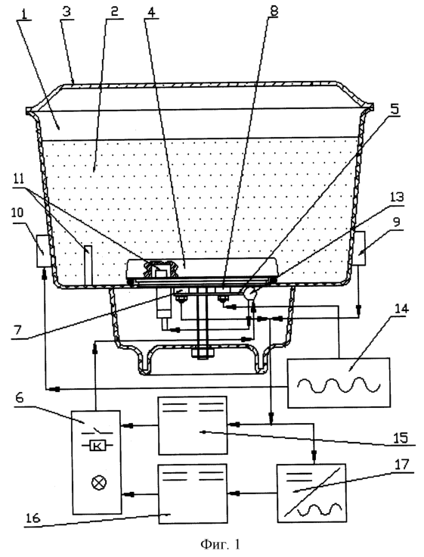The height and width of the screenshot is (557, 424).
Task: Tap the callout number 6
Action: pos(20,398)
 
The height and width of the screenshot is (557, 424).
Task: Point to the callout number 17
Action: pos(401,465)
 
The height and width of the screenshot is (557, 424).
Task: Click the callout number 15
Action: pos(400,437)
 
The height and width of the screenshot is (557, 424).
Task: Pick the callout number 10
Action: pos(17,213)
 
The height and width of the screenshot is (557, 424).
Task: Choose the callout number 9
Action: pos(397,222)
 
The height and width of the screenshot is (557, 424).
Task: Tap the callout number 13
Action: pos(397,197)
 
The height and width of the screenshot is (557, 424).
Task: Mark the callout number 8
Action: pos(274,11)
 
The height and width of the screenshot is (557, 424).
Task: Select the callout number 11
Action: pos(19,179)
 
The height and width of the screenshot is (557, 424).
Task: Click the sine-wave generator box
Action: pos(339,383)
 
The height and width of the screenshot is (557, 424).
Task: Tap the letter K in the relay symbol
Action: pos(97,446)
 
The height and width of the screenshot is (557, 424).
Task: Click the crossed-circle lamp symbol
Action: pos(98,483)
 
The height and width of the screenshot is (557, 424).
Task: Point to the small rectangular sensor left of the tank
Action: pos(45,251)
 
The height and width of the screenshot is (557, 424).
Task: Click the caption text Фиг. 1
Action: pos(221,543)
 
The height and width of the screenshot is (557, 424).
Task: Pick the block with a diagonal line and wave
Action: pos(311,493)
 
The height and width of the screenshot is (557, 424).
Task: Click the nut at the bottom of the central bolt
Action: pos(203,353)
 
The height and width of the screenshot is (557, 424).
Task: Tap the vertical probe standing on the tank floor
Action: pos(88,265)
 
